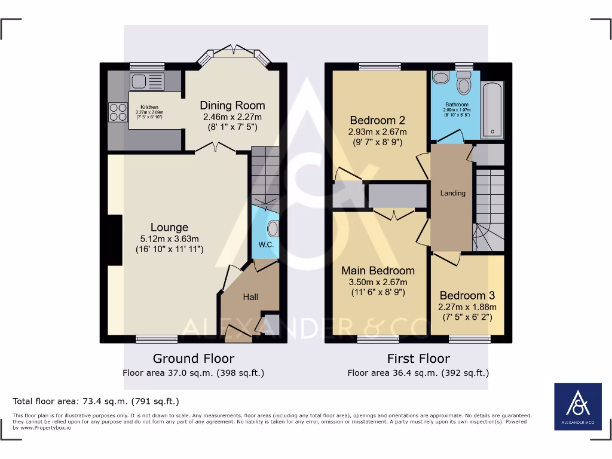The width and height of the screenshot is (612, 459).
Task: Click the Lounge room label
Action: pyautogui.click(x=169, y=227)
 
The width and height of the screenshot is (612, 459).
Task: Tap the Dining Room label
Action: pyautogui.click(x=232, y=106)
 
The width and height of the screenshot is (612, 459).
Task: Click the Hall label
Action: pyautogui.click(x=250, y=296)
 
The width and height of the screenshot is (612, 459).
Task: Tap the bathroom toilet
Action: pyautogui.click(x=464, y=86)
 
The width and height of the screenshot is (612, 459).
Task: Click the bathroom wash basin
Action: pyautogui.click(x=440, y=78)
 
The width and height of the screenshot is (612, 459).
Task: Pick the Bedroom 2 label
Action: pyautogui.click(x=378, y=120)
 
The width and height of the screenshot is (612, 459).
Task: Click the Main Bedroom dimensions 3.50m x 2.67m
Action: pyautogui.click(x=378, y=282)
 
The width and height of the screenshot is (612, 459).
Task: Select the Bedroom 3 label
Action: pyautogui.click(x=467, y=295)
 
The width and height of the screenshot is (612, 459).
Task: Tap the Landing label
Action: pyautogui.click(x=452, y=193)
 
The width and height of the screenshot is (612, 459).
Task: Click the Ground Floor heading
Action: pyautogui.click(x=194, y=359)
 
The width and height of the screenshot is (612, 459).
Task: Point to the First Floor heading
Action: pyautogui.click(x=418, y=359)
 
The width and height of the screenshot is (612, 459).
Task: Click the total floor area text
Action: pyautogui.click(x=96, y=401)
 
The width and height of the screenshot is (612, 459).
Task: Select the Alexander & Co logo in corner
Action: pyautogui.click(x=578, y=406)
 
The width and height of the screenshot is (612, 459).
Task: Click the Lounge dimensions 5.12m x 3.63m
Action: pyautogui.click(x=169, y=238)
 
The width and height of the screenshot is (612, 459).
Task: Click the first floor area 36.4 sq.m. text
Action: pyautogui.click(x=418, y=373)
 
